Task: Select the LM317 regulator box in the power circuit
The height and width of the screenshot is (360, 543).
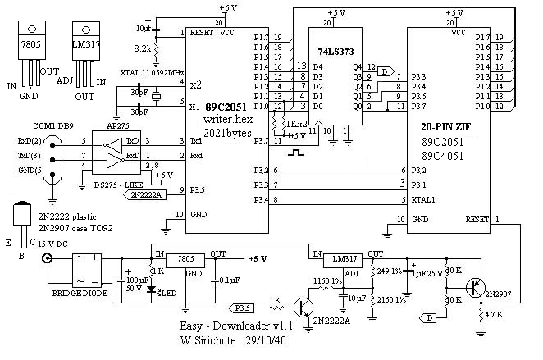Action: coord(335,259)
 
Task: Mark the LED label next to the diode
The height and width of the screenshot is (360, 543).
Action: coord(169,292)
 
